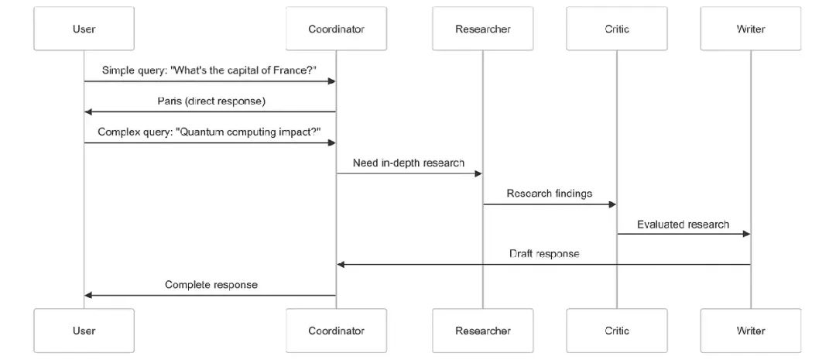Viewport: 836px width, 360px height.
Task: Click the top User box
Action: pyautogui.click(x=84, y=29)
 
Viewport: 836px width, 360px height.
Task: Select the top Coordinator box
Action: pyautogui.click(x=336, y=29)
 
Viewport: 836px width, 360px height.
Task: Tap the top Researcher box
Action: pyautogui.click(x=482, y=29)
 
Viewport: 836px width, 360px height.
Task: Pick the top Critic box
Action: pyautogui.click(x=617, y=29)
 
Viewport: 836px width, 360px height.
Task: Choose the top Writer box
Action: pyautogui.click(x=751, y=29)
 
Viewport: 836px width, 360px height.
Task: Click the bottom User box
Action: pyautogui.click(x=84, y=331)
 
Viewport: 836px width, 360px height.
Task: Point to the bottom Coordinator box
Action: pyautogui.click(x=336, y=331)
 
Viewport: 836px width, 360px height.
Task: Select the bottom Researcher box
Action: pyautogui.click(x=482, y=331)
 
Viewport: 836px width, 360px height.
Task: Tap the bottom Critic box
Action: pyautogui.click(x=617, y=331)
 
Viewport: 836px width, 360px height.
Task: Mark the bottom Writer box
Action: pyautogui.click(x=751, y=331)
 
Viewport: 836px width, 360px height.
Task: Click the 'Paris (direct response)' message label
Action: pyautogui.click(x=211, y=101)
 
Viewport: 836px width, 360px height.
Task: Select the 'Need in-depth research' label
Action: pyautogui.click(x=409, y=163)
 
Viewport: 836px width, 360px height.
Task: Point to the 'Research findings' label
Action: pyautogui.click(x=549, y=193)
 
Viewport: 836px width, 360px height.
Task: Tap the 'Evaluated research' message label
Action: pyautogui.click(x=683, y=224)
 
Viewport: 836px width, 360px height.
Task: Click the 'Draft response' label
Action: pyautogui.click(x=544, y=254)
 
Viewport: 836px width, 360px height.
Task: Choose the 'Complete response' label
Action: pyautogui.click(x=211, y=285)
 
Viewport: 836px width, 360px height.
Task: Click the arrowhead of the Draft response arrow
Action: pyautogui.click(x=341, y=265)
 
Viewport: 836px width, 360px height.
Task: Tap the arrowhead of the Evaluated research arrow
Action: pyautogui.click(x=746, y=234)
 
